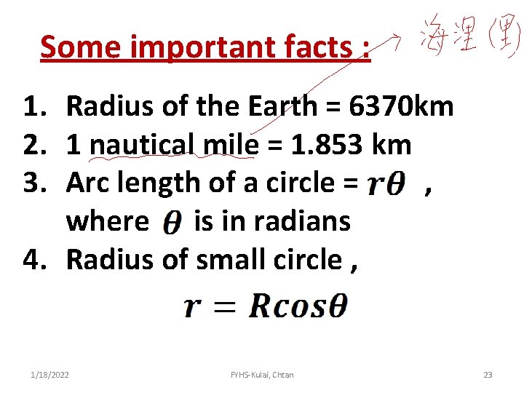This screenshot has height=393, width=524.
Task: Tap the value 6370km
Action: (x=402, y=107)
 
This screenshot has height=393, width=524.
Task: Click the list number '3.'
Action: (x=37, y=183)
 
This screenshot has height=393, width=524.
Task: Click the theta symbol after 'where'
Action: (x=171, y=223)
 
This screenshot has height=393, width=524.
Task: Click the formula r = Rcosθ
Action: (x=266, y=306)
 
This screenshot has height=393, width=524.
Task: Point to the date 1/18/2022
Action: (x=50, y=375)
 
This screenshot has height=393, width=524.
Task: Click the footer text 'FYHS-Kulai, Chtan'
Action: (x=262, y=375)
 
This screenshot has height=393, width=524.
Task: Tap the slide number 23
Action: (x=488, y=375)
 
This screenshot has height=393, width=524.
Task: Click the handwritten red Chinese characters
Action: (x=469, y=37)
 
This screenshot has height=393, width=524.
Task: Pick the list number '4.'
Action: (x=37, y=258)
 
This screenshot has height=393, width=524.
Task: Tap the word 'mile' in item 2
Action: (x=231, y=145)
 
